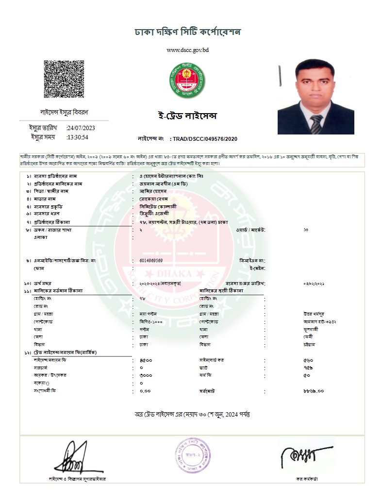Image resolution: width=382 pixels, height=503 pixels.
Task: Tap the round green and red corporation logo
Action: pos(186,81)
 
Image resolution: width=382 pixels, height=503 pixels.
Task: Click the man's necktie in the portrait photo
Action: pos(316,124)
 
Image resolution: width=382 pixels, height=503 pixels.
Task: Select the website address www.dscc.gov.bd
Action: pos(187,50)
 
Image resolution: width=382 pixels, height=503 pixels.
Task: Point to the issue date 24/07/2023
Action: pos(81,128)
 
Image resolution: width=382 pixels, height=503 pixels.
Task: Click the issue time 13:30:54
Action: pos(78,137)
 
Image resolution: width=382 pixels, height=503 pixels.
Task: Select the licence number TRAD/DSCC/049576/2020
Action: pos(204,139)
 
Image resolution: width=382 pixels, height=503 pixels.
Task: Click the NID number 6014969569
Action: pos(151,261)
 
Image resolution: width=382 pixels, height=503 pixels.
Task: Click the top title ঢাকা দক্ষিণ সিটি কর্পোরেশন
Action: pos(187,33)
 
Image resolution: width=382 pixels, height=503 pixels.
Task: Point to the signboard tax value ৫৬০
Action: pos(308,361)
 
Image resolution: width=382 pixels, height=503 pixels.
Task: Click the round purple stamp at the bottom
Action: pos(193,456)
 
